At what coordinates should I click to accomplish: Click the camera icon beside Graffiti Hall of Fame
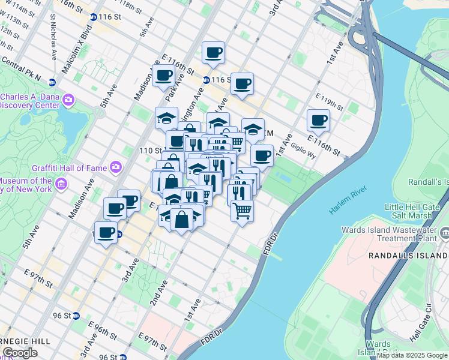click(x=116, y=166)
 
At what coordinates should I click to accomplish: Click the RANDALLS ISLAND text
click(x=408, y=255)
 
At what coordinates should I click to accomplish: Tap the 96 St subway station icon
click(x=76, y=316)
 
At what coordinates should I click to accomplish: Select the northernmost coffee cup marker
click(x=213, y=52)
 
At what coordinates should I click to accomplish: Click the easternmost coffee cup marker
click(x=319, y=120)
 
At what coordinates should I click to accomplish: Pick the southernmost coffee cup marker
click(x=106, y=232)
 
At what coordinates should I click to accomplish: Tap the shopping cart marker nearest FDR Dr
click(x=242, y=211)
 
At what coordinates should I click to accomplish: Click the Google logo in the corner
click(x=19, y=353)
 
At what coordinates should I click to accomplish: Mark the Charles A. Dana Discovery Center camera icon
click(x=68, y=100)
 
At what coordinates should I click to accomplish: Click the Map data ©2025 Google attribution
click(x=412, y=355)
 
